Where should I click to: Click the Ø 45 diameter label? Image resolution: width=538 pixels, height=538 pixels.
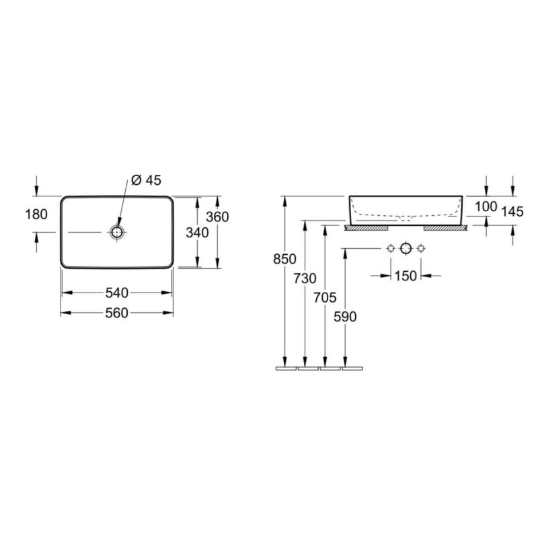146,180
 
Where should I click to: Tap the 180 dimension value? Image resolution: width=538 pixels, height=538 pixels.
36,215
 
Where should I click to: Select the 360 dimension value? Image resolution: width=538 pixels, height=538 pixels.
217,217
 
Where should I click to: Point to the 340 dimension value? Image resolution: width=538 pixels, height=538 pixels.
197,233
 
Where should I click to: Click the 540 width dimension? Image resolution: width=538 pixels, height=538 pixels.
116,293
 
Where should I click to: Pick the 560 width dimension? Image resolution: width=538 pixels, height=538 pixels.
116,313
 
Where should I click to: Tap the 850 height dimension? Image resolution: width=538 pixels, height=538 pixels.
284,259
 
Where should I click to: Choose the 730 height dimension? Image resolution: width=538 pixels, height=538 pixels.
305,278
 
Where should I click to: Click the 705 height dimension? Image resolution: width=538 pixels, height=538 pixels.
325,297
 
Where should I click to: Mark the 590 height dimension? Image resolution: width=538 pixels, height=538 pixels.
345,317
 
